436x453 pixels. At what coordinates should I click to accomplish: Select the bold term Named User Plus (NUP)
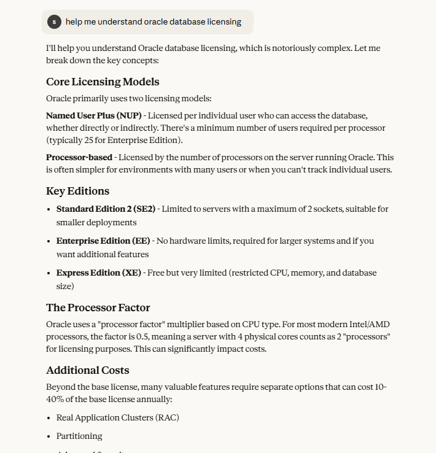coord(93,115)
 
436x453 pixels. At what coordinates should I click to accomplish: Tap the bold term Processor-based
coord(79,158)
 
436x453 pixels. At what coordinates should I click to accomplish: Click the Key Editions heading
coord(77,191)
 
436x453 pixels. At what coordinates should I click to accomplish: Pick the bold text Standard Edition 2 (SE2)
coord(106,209)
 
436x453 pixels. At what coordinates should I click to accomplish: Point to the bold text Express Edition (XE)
coord(98,273)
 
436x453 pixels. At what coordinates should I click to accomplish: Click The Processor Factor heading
coord(98,308)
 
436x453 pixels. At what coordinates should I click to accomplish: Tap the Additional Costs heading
coord(87,370)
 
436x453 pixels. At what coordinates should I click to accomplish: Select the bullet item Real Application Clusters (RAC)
coord(117,418)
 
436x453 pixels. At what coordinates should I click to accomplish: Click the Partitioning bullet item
coord(79,436)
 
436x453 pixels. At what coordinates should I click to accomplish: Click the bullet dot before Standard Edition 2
coord(49,209)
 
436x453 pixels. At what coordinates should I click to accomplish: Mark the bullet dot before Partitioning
coord(49,436)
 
